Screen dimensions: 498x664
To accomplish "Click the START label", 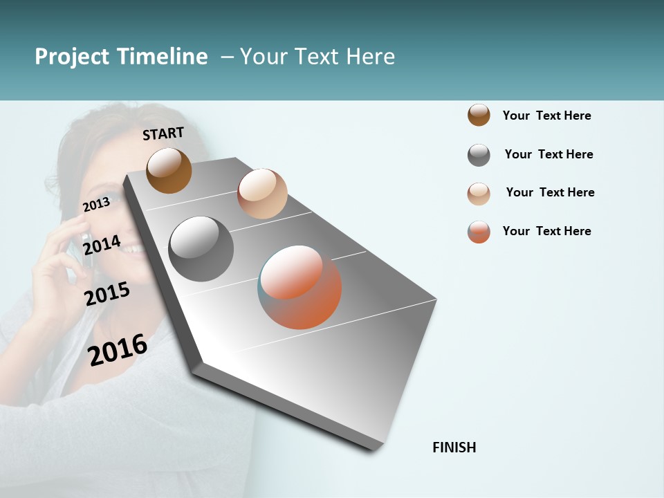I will pos(163,133).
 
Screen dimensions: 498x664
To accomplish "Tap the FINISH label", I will pos(454,448).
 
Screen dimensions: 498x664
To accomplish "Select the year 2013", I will pos(96,204).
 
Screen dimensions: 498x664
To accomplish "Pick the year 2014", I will pos(102,244).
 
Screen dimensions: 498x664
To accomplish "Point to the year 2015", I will pos(107,294).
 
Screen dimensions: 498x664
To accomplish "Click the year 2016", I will pos(118,349).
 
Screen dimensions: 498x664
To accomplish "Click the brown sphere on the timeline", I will pos(169,170).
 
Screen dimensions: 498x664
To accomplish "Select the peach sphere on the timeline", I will pos(262,194).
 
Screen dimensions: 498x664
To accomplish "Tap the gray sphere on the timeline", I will pos(201,249).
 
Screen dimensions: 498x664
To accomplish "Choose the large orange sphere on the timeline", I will pos(299,287).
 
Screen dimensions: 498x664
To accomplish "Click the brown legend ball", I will pos(479,115).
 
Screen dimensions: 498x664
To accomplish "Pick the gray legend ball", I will pos(479,155).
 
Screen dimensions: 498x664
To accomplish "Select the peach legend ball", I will pos(479,194).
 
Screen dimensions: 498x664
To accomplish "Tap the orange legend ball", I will pos(479,232).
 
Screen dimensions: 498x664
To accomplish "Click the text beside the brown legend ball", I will pos(546,116).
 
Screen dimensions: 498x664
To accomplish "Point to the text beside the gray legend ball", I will pos(548,154).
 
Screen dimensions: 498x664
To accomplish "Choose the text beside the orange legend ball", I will pos(546,231).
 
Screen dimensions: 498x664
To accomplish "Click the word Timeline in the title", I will pos(162,57).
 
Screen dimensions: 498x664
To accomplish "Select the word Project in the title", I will pos(72,57).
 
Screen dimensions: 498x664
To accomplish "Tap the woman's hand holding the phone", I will pos(59,263).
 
